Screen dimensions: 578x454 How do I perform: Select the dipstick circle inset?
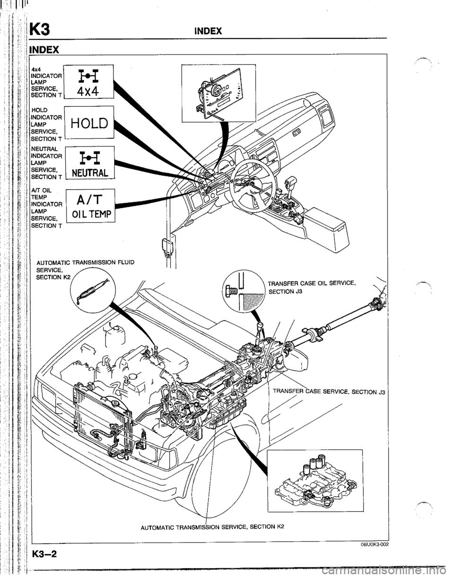tap(93, 293)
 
